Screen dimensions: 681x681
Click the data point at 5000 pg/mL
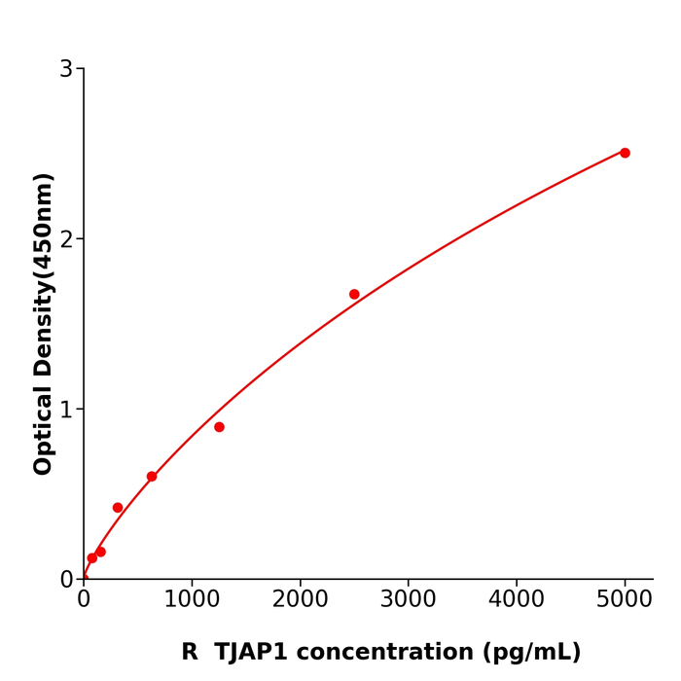point(625,153)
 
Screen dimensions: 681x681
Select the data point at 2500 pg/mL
point(354,294)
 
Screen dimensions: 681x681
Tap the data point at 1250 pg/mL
point(219,427)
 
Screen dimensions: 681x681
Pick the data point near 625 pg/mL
point(152,477)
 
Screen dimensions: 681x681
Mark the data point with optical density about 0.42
point(118,508)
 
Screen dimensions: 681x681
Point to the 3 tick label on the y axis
point(66,69)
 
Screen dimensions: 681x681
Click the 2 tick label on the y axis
point(66,239)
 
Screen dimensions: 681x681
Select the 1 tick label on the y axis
point(66,410)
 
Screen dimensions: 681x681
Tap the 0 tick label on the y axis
point(66,579)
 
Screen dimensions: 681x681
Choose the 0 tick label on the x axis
point(84,599)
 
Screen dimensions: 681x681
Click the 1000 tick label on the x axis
point(192,599)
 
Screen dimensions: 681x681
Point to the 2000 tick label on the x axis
point(300,599)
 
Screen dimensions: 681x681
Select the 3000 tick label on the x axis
point(408,599)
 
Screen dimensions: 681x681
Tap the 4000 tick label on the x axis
point(516,599)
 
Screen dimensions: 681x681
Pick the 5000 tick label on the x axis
point(625,599)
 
